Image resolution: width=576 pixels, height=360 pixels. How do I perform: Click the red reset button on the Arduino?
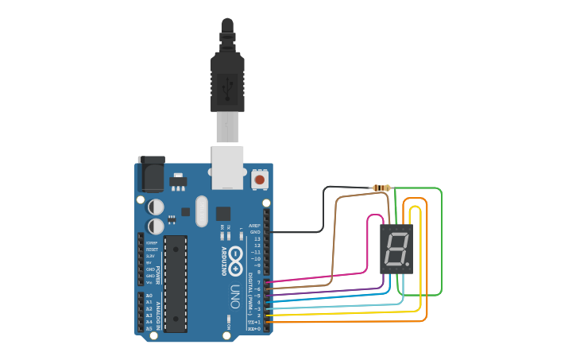pos(259,180)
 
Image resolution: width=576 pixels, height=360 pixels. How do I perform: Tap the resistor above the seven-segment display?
pos(382,188)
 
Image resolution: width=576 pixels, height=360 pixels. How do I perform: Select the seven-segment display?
pos(396,249)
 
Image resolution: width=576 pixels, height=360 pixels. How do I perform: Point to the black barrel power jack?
pos(151,173)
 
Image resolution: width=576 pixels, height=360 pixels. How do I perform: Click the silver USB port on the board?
pos(227,167)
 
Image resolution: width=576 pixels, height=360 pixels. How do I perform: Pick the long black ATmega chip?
pos(176,283)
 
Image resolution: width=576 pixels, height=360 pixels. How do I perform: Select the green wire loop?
pos(440,238)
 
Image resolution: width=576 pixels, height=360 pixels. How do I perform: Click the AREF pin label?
pos(254,226)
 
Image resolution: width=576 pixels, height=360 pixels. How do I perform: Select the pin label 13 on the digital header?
pos(256,238)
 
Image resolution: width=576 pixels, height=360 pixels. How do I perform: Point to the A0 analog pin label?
pos(149,296)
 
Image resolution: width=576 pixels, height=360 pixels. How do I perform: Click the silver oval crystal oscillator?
pos(200,210)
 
